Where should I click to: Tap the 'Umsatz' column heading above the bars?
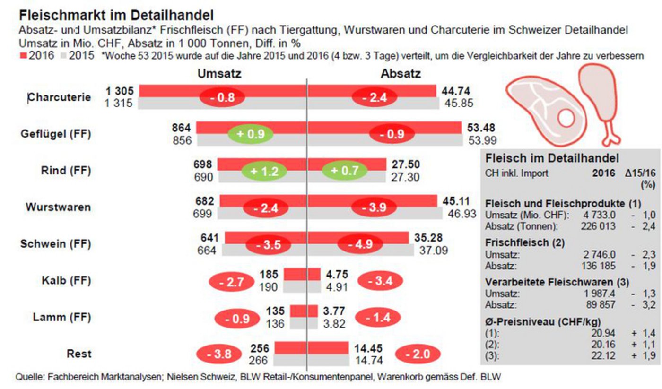pos(219,74)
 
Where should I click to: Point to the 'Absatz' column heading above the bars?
pos(401,74)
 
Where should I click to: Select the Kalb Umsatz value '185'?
pos(271,274)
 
